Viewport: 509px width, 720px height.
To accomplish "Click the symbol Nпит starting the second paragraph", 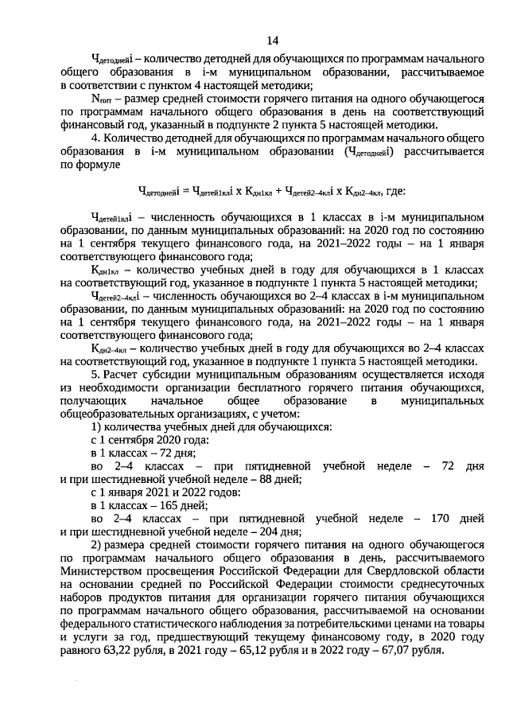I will click(103, 98).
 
